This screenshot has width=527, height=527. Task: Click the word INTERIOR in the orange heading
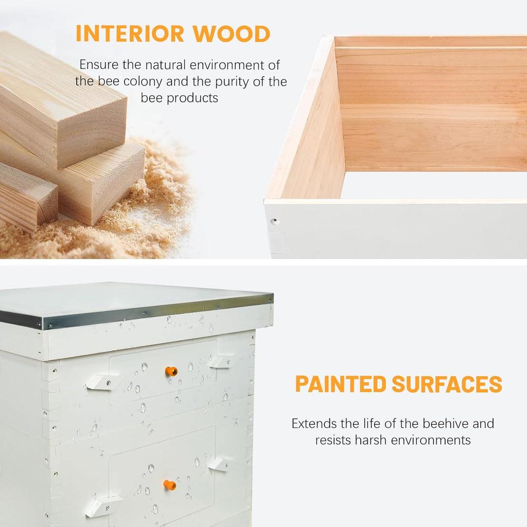(x=130, y=33)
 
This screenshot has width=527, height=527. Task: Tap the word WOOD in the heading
(x=231, y=33)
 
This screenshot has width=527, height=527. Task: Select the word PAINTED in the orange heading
(x=341, y=384)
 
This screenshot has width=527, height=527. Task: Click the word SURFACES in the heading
(x=447, y=384)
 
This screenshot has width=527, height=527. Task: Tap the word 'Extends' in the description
(x=314, y=424)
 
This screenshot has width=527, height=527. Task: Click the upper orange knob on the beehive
(x=171, y=372)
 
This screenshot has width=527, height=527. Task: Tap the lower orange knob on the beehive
(x=170, y=485)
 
